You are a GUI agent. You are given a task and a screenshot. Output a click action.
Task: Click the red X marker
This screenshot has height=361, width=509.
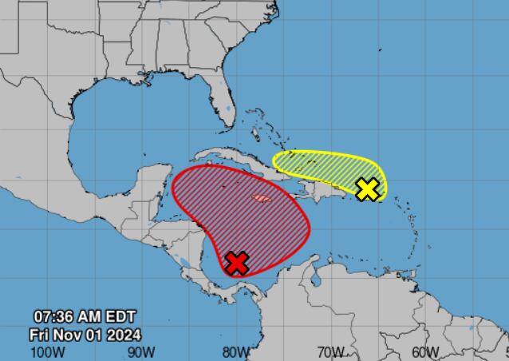click(x=237, y=262)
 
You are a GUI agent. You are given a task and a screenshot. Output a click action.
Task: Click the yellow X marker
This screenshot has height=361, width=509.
click(x=367, y=189)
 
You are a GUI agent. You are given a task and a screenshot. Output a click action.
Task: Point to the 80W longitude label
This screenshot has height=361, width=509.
click(x=236, y=351)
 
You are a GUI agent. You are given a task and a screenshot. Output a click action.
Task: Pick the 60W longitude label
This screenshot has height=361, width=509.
click(x=425, y=351)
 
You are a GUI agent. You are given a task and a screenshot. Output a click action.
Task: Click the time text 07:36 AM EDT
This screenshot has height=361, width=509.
click(x=87, y=316)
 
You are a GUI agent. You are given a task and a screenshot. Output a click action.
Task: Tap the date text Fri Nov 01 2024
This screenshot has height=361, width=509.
click(x=86, y=333)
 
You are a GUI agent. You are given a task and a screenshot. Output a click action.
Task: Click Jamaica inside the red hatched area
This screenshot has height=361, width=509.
click(x=262, y=197)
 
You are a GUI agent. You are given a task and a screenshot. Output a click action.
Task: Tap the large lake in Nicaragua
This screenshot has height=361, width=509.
click(x=185, y=262)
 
